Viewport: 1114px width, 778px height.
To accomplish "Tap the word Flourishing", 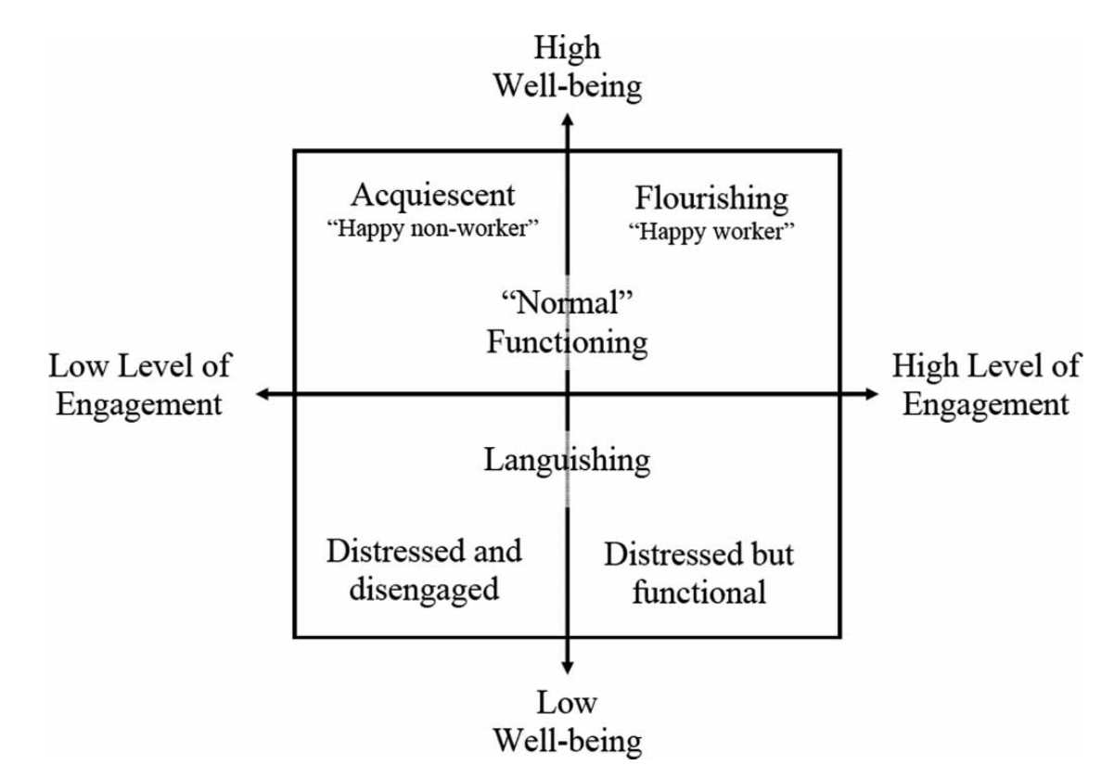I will click(x=711, y=198).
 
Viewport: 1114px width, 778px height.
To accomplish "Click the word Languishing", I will click(x=567, y=458).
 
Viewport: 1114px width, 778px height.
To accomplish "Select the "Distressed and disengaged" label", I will click(x=424, y=569).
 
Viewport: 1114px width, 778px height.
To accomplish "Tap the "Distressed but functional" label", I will click(x=699, y=573).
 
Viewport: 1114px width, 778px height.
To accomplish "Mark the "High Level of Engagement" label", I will click(x=985, y=385).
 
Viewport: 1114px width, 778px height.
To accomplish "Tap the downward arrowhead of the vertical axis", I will click(x=568, y=666).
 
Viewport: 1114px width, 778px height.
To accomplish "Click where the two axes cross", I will click(x=568, y=394).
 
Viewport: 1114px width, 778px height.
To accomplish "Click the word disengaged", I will click(x=424, y=588).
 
